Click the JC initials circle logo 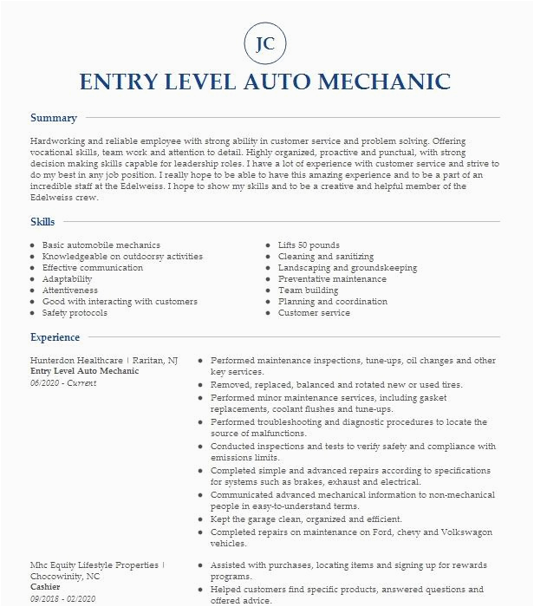[266, 43]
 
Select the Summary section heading [54, 118]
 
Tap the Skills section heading [42, 222]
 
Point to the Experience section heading [55, 337]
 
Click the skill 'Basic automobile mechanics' [101, 245]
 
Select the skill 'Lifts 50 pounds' [309, 245]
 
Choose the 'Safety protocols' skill [78, 313]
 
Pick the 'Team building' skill [309, 290]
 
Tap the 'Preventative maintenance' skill [332, 279]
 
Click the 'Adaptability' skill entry [67, 279]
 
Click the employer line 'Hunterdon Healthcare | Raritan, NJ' [103, 360]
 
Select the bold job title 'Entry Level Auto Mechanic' [84, 371]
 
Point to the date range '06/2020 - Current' [63, 382]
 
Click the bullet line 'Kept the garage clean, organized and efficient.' [307, 519]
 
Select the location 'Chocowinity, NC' [66, 576]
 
